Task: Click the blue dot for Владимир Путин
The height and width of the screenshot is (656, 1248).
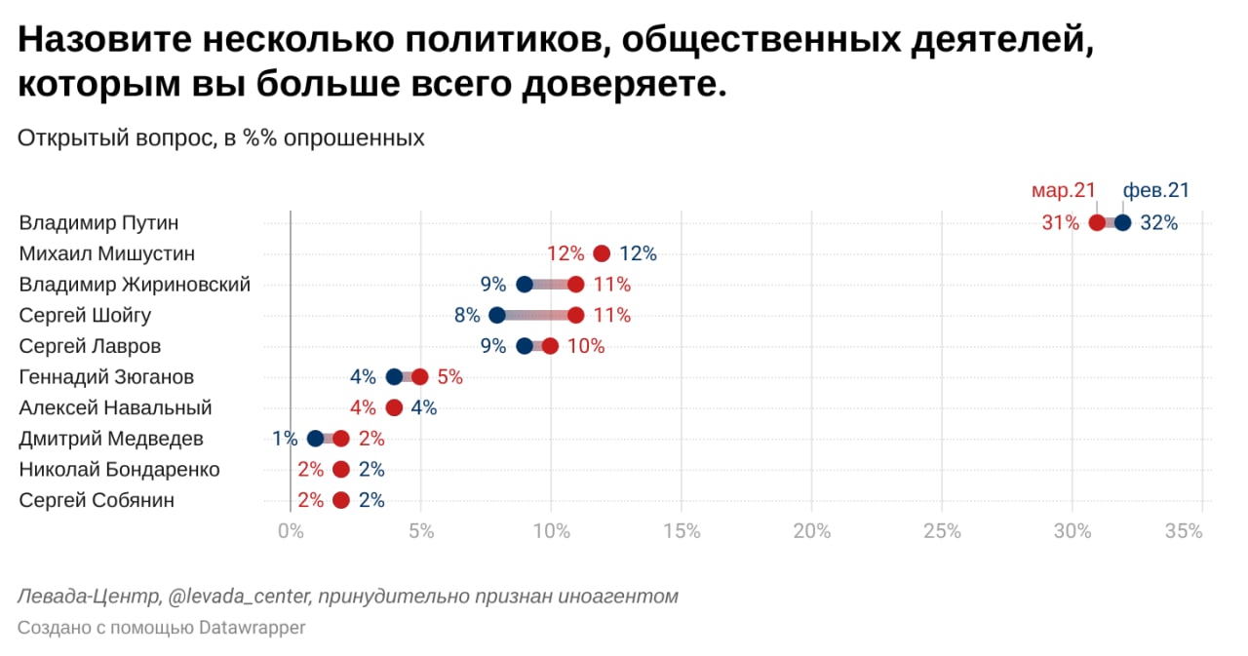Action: tap(1122, 222)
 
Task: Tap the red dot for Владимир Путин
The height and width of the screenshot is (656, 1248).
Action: tap(1097, 222)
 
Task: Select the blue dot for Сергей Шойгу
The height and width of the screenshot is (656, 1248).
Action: tap(497, 315)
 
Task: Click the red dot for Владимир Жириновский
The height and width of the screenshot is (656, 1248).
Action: tap(576, 285)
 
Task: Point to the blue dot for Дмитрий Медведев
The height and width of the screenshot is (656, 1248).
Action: tap(315, 439)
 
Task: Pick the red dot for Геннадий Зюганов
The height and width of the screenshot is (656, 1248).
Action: tap(420, 377)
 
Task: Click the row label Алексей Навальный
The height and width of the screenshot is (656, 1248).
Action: tap(115, 407)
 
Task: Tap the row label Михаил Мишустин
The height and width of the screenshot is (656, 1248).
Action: tap(107, 253)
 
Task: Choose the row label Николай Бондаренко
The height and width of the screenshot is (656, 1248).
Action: tap(119, 470)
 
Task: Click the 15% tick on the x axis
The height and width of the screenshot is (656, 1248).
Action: tap(681, 531)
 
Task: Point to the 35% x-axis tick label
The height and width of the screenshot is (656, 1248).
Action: tap(1184, 531)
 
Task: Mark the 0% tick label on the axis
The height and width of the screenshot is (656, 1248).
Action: tap(291, 531)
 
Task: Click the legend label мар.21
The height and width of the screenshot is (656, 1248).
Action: tap(1064, 191)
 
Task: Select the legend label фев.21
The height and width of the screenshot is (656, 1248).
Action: tap(1156, 191)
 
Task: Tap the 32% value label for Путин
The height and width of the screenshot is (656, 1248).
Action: tap(1159, 223)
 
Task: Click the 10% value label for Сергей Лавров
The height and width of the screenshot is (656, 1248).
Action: tap(586, 346)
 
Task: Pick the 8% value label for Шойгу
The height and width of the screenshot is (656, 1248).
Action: tap(467, 316)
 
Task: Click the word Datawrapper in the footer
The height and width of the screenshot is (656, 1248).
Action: tap(253, 628)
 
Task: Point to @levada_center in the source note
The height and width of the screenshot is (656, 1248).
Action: tap(247, 596)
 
